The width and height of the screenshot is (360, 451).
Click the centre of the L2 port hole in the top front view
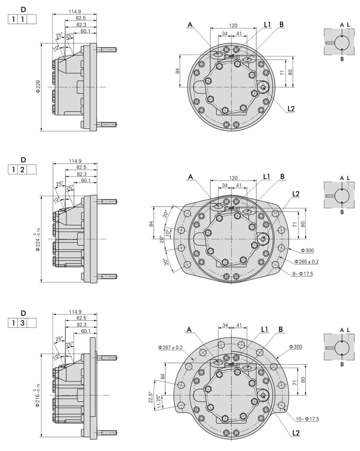pyautogui.click(x=263, y=87)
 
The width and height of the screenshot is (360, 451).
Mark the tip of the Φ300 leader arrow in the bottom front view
pyautogui.click(x=276, y=358)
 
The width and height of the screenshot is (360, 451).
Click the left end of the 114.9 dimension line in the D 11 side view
pyautogui.click(x=53, y=14)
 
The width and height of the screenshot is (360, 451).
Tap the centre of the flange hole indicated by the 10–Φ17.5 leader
pyautogui.click(x=281, y=405)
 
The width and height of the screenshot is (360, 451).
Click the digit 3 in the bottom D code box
pyautogui.click(x=22, y=323)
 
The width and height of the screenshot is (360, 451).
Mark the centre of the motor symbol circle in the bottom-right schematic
pyautogui.click(x=342, y=347)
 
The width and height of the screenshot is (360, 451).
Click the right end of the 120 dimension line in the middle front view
pyautogui.click(x=256, y=180)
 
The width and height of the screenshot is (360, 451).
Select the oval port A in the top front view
pyautogui.click(x=218, y=54)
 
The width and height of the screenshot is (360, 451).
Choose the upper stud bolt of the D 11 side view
pyautogui.click(x=107, y=50)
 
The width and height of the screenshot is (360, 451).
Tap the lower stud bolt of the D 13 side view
pyautogui.click(x=107, y=432)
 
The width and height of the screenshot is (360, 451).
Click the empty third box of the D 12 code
pyautogui.click(x=32, y=170)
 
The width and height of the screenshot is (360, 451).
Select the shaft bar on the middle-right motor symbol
pyautogui.click(x=330, y=196)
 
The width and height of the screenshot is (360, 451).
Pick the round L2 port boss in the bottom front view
pyautogui.click(x=263, y=395)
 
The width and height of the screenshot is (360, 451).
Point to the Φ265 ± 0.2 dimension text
pyautogui.click(x=306, y=262)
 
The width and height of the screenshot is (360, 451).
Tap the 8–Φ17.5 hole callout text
pyautogui.click(x=302, y=274)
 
